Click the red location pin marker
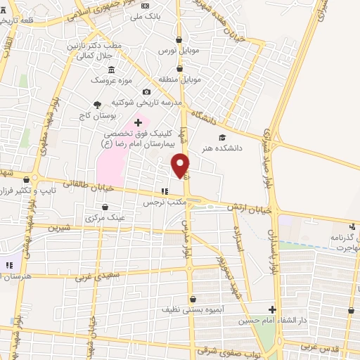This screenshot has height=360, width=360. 181,165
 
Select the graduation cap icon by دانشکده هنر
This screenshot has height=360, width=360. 223,137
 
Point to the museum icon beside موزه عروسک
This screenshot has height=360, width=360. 112,69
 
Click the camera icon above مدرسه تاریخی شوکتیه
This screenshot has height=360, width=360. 146,91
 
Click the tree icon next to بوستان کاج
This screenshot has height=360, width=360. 97,104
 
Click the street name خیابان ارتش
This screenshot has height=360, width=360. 242,206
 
